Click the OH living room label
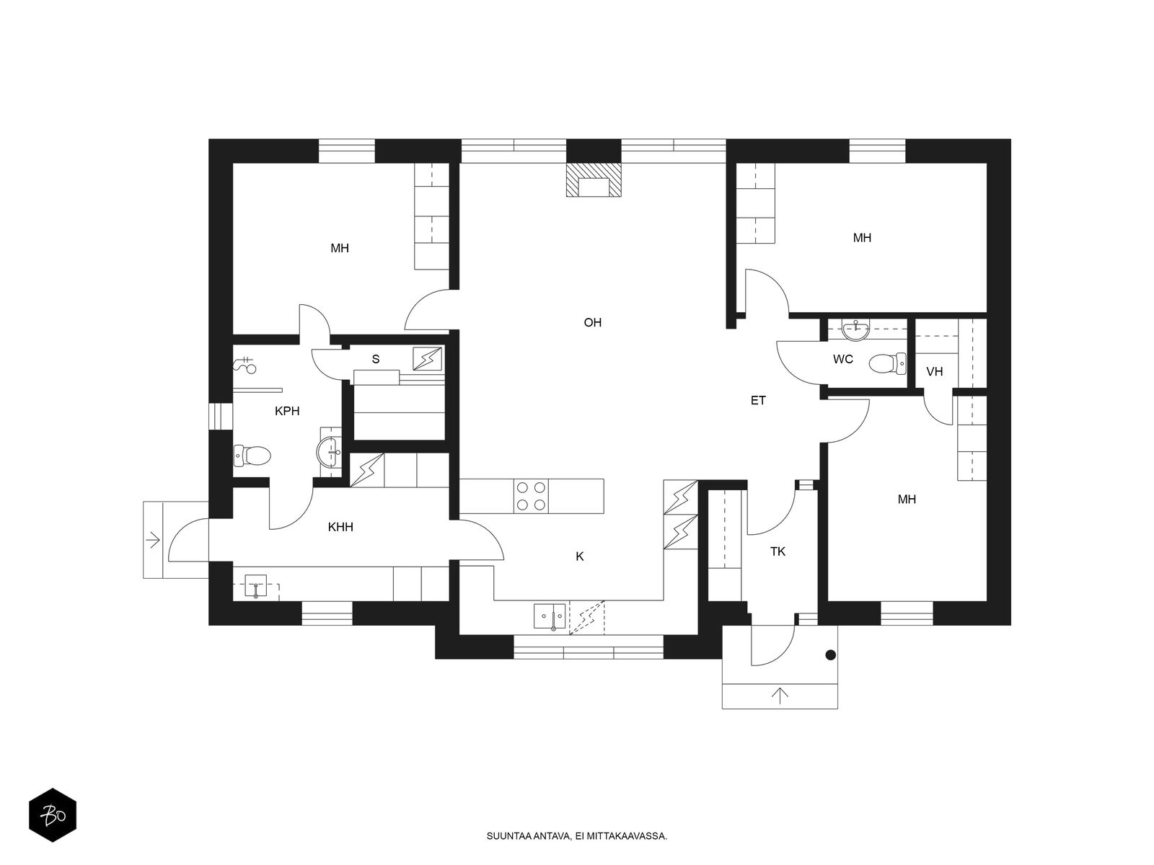pos(593,322)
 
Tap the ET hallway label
pos(757,401)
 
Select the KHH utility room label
pos(340,527)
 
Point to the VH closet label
pos(934,372)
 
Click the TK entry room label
pos(778,551)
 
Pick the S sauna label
pos(375,359)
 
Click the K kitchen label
pos(580,556)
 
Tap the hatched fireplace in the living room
pos(593,179)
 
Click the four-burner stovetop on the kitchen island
pos(531,496)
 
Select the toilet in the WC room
pos(887,363)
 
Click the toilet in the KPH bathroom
pos(252,456)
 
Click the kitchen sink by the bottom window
pos(550,616)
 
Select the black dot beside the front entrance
pos(831,655)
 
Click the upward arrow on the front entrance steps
pos(780,696)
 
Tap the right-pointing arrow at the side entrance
pos(153,540)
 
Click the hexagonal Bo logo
pos(53,815)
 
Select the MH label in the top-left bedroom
pos(340,249)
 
